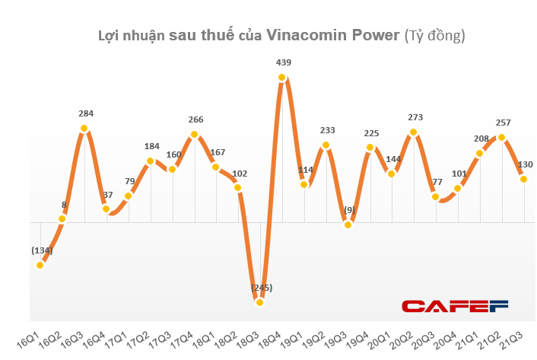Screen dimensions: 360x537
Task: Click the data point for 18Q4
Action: click(x=282, y=77)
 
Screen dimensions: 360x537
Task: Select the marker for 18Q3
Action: click(x=260, y=302)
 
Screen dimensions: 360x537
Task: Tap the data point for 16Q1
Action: click(x=40, y=265)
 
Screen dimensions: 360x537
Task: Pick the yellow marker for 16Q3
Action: click(x=84, y=128)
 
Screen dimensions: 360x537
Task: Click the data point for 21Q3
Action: click(x=523, y=179)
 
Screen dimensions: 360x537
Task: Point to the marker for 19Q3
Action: click(x=348, y=225)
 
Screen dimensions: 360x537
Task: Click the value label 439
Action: click(x=283, y=62)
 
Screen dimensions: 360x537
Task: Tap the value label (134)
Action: click(x=41, y=250)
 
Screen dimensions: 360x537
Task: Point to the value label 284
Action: click(x=85, y=113)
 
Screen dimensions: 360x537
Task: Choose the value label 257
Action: click(x=502, y=123)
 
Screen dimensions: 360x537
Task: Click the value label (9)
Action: click(x=349, y=210)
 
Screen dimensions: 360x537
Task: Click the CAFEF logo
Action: click(x=454, y=306)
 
